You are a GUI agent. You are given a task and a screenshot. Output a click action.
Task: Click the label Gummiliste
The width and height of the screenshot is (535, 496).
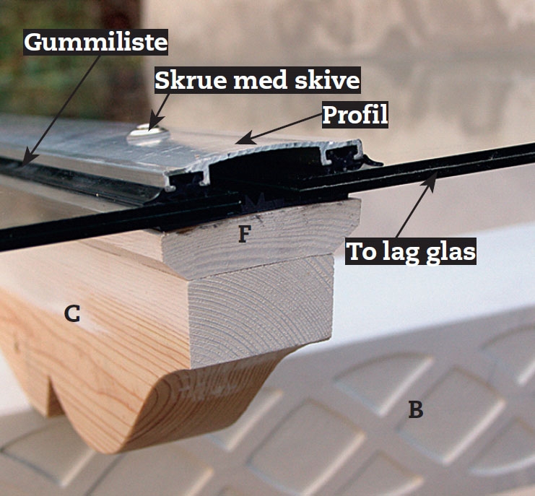[95, 43]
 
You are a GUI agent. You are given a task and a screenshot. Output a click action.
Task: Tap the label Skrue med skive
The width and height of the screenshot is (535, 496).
[258, 80]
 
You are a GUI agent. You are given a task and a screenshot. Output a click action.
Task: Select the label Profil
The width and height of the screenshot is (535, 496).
[355, 114]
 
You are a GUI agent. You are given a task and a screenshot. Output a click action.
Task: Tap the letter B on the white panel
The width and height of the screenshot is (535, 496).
[415, 410]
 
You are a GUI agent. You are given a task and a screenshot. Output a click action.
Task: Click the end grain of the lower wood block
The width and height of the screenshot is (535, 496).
[260, 310]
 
